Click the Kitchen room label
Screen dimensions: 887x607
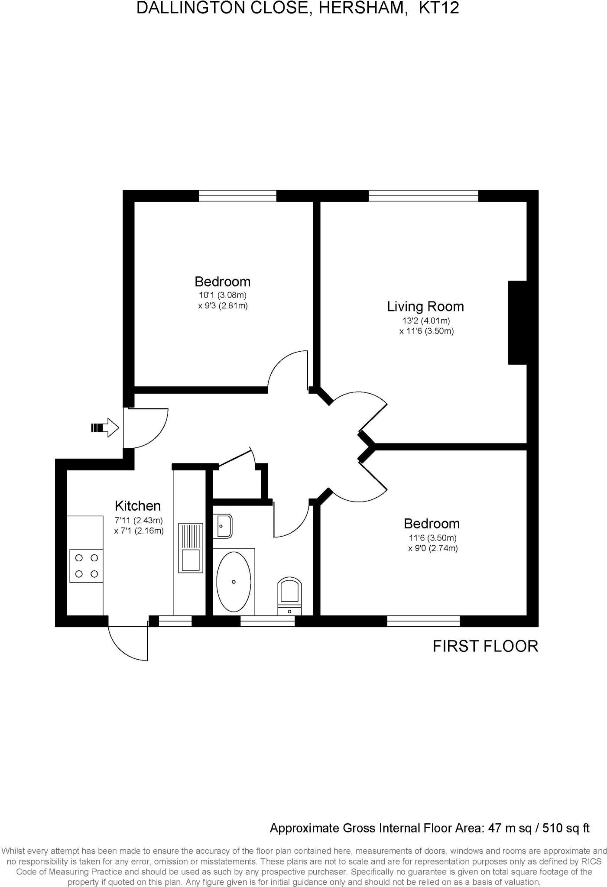pos(137,505)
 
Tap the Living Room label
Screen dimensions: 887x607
pos(425,307)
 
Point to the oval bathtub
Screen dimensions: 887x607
pos(234,581)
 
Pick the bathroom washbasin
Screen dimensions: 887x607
pos(223,525)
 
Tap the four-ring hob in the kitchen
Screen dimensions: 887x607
pos(86,566)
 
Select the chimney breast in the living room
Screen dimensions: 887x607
pos(517,322)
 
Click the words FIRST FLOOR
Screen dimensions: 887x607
pos(485,646)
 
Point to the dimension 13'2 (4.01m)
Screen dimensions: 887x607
pos(426,321)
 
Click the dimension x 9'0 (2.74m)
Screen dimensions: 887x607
pos(433,548)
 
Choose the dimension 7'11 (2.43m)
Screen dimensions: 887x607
pos(139,520)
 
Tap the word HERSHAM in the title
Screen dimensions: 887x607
pos(363,8)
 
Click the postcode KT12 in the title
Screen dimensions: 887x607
pos(438,8)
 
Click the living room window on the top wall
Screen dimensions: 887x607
pos(423,196)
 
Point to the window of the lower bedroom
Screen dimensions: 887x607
pos(423,621)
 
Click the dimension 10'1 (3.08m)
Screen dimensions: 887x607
pos(223,295)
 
